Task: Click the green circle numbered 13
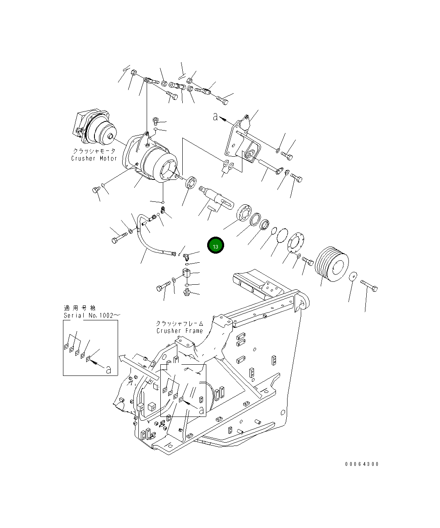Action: click(x=215, y=246)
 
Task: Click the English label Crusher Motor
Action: click(x=94, y=158)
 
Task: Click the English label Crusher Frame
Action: click(x=179, y=331)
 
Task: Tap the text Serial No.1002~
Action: click(x=92, y=315)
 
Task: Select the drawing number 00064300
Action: click(x=361, y=464)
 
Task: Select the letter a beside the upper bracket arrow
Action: click(x=215, y=117)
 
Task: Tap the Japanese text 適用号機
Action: click(x=80, y=308)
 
